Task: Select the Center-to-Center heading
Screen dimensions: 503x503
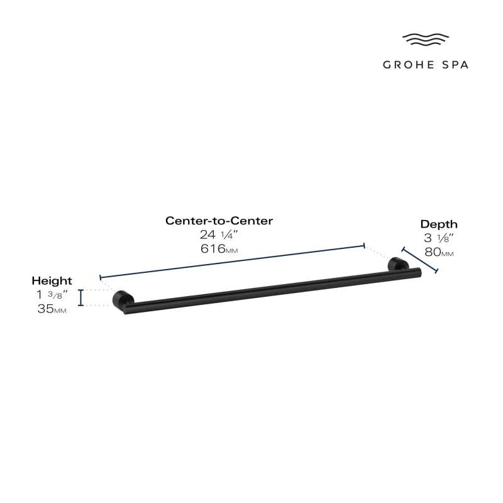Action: pyautogui.click(x=219, y=221)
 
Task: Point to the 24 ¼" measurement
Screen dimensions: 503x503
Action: pyautogui.click(x=219, y=235)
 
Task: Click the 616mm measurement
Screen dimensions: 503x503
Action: pyautogui.click(x=219, y=248)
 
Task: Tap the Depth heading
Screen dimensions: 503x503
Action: pyautogui.click(x=439, y=224)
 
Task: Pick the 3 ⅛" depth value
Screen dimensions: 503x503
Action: pyautogui.click(x=438, y=238)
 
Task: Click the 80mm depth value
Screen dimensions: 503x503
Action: pyautogui.click(x=439, y=252)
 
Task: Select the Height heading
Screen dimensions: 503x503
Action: pyautogui.click(x=52, y=281)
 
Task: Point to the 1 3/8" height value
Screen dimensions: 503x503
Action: pyautogui.click(x=52, y=294)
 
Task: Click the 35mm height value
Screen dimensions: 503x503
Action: pyautogui.click(x=52, y=309)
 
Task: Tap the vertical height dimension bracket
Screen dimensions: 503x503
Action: pyautogui.click(x=81, y=297)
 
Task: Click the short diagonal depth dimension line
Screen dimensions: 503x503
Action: pyautogui.click(x=419, y=260)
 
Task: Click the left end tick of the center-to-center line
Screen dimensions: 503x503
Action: pyautogui.click(x=101, y=277)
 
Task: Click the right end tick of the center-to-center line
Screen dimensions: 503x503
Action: pyautogui.click(x=364, y=246)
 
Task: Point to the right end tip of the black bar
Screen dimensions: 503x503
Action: pyautogui.click(x=420, y=272)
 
